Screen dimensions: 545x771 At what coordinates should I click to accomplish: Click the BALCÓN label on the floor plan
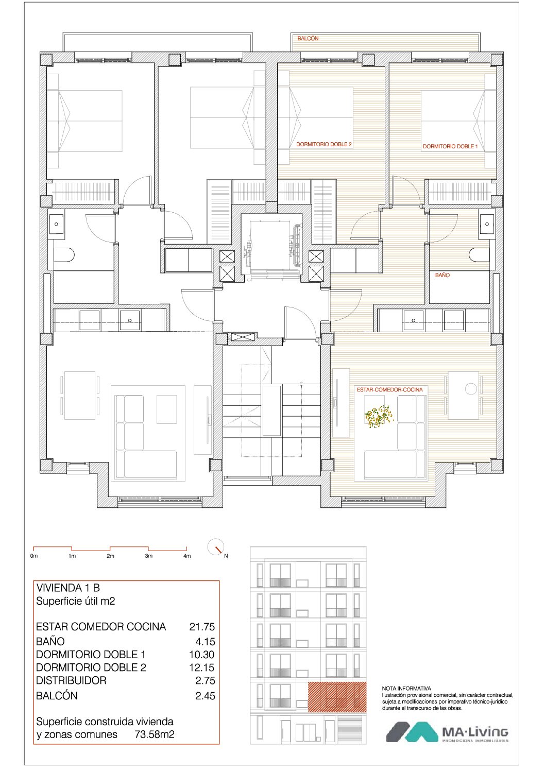pos(308,39)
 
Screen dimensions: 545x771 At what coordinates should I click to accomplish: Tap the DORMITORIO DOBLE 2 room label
pos(324,144)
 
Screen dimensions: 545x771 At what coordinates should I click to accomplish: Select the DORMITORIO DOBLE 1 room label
pos(450,146)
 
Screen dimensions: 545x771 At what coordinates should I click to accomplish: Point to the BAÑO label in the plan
pos(442,275)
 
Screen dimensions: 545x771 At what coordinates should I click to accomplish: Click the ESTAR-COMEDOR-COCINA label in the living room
pos(389,390)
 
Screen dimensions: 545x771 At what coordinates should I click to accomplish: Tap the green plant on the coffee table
pos(379,416)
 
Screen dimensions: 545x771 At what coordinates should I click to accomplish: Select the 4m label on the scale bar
pos(187,556)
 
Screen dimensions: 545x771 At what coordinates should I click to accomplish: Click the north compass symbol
pos(216,546)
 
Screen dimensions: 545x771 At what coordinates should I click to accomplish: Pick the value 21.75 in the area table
pos(202,627)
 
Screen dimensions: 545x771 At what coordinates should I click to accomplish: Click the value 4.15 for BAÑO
pos(205,642)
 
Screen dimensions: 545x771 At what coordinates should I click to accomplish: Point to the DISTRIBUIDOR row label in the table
pos(71,680)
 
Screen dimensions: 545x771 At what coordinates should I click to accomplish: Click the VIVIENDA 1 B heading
pos(68,588)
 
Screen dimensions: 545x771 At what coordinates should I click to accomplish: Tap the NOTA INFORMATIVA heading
pos(406,689)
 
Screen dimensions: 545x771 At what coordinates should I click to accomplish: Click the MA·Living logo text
pos(475,733)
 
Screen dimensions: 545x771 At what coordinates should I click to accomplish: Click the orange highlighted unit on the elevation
pos(337,697)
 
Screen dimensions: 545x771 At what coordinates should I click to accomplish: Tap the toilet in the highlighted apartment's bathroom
pos(479,255)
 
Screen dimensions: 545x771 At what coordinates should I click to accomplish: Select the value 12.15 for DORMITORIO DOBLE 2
pos(202,667)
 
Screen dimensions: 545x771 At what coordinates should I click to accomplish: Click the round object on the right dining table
pos(471,389)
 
